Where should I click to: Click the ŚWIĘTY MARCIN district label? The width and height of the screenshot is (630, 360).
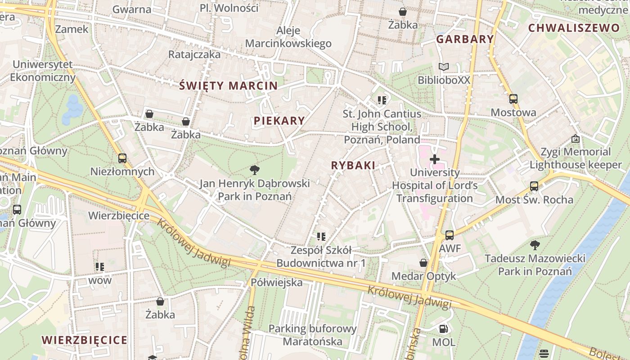(228, 85)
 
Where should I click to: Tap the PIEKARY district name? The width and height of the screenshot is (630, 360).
(279, 121)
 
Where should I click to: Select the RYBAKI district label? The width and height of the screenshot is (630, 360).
(353, 165)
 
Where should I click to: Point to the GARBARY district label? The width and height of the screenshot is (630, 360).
(465, 39)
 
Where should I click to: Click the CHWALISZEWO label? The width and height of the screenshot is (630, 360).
(574, 28)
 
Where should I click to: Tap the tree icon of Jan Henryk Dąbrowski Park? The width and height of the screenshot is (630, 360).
(255, 170)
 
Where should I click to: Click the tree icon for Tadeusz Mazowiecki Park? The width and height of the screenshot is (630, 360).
(535, 245)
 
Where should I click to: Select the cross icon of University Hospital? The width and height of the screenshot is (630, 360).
(435, 159)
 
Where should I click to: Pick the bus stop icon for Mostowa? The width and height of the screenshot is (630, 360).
(513, 99)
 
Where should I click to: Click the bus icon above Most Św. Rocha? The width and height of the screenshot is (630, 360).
(534, 186)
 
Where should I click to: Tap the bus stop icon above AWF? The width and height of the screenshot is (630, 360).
(449, 235)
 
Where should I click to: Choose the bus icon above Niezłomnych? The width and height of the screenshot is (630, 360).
(122, 158)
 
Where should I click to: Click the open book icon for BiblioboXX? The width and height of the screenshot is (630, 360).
(444, 67)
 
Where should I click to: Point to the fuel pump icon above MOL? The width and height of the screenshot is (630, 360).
(443, 329)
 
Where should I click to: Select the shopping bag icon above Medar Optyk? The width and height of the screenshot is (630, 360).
(423, 262)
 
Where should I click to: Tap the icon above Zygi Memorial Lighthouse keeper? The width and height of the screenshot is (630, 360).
(575, 139)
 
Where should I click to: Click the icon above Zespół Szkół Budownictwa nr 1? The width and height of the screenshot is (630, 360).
(321, 236)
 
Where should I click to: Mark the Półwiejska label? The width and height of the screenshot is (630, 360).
(277, 283)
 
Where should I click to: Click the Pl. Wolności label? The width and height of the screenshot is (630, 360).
(229, 8)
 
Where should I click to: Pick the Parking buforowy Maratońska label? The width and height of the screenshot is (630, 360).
(312, 335)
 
